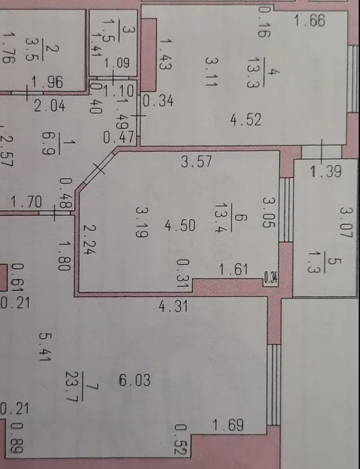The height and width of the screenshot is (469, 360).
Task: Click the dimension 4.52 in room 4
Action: click(x=246, y=119)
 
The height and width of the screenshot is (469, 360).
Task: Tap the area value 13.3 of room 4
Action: click(x=253, y=72)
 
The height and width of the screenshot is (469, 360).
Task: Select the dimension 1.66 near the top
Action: click(x=310, y=21)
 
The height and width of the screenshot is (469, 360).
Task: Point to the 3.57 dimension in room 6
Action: click(x=197, y=162)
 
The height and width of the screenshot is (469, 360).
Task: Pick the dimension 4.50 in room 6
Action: click(x=180, y=225)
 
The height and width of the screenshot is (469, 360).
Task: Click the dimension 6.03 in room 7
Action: click(x=135, y=380)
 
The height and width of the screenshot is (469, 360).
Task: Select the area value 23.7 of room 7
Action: click(x=72, y=386)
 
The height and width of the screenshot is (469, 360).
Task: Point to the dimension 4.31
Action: click(x=173, y=306)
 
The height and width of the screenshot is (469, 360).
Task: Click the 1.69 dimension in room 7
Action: click(x=228, y=425)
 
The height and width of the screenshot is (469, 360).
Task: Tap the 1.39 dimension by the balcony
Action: click(x=326, y=172)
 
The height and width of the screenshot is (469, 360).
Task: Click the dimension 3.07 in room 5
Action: click(x=346, y=222)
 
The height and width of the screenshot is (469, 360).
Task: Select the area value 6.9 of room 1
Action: click(x=48, y=144)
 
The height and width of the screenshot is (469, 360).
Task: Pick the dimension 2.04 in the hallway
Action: click(x=50, y=106)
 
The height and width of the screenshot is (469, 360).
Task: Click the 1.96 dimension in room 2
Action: click(x=47, y=83)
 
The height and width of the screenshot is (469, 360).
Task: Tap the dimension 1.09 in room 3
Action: click(x=117, y=63)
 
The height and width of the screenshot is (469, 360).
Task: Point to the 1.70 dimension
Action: click(x=27, y=202)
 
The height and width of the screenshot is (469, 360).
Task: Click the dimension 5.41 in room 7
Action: click(x=46, y=347)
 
